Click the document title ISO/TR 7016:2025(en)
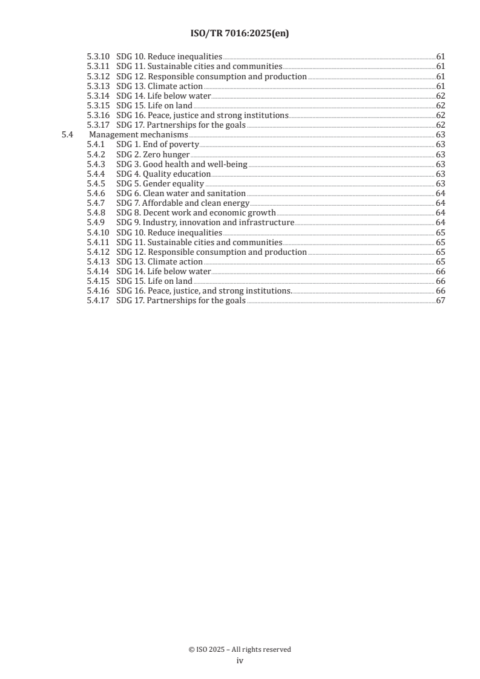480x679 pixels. point(240,34)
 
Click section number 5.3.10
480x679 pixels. point(97,56)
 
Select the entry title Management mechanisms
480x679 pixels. point(138,135)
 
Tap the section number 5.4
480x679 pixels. point(67,135)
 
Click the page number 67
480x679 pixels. point(441,301)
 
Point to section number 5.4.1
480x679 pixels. point(96,145)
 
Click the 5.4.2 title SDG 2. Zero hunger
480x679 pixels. point(153,154)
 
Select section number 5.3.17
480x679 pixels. point(97,125)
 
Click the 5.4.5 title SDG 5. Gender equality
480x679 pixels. point(160,184)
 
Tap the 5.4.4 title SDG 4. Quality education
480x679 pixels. point(163,174)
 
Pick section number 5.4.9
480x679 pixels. point(96,223)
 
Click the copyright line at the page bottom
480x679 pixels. point(240,649)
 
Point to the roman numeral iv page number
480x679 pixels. point(240,661)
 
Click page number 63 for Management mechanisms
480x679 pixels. point(441,135)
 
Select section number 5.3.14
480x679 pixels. point(97,96)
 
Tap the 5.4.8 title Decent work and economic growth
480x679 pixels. point(196,213)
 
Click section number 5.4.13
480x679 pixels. point(97,262)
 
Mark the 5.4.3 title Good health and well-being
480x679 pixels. point(182,164)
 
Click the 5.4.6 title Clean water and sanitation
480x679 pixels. point(180,194)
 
